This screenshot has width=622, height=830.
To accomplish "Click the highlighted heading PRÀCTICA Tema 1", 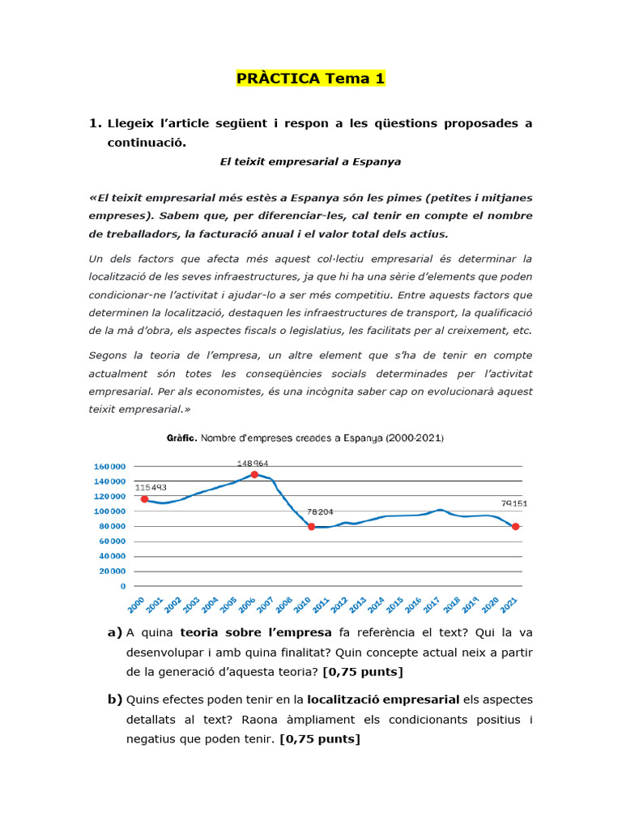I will pos(310,79).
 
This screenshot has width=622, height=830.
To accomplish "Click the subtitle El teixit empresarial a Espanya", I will pos(310,161).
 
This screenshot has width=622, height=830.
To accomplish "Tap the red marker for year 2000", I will pos(144,499).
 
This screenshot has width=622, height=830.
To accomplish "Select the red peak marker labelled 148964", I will pos(254,475).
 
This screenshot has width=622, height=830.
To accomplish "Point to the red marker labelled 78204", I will pos(311,527).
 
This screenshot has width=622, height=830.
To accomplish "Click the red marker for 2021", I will pos(515,527).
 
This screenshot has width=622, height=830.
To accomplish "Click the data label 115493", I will pos(150,487).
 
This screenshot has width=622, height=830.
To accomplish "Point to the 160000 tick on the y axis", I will pos(110,467).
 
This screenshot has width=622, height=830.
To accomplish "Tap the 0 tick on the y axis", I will pos(123,585).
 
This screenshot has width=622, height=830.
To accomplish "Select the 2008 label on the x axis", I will pos(283,604).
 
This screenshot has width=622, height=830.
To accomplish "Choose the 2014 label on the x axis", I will pos(376,604).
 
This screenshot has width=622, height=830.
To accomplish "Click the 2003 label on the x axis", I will pos(191,604).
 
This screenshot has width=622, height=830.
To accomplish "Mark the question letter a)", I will pos(114,632).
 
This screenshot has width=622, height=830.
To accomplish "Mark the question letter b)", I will pos(114,700).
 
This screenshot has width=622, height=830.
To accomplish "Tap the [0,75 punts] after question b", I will pos(319,739).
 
